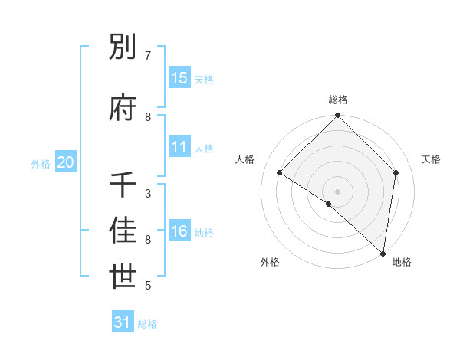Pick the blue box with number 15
[x=179, y=78]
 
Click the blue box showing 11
[x=179, y=147]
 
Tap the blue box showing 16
[x=179, y=231]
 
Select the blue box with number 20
[x=66, y=162]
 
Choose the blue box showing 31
[x=123, y=323]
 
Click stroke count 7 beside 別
[x=148, y=56]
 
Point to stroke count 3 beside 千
[x=148, y=194]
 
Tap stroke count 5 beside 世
[x=148, y=286]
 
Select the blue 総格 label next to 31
[x=147, y=324]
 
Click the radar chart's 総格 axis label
[x=338, y=100]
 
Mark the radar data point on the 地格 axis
[x=383, y=254]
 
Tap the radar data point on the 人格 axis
[x=280, y=173]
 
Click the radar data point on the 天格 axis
[x=396, y=172]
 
